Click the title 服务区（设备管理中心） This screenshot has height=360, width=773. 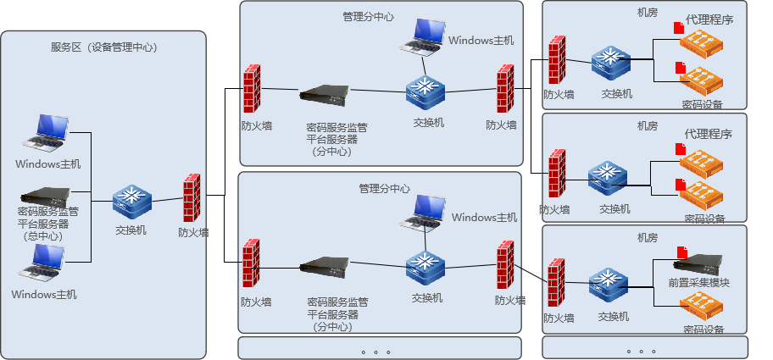tap(103, 47)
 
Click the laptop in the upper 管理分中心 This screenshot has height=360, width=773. tap(423, 36)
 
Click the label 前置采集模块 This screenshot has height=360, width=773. tap(699, 283)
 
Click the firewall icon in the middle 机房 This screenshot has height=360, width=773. tap(556, 176)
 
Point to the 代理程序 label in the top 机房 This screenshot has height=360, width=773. tap(709, 19)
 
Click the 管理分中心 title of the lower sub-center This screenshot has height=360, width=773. tap(384, 188)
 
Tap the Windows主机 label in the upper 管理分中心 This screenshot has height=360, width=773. tap(481, 40)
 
